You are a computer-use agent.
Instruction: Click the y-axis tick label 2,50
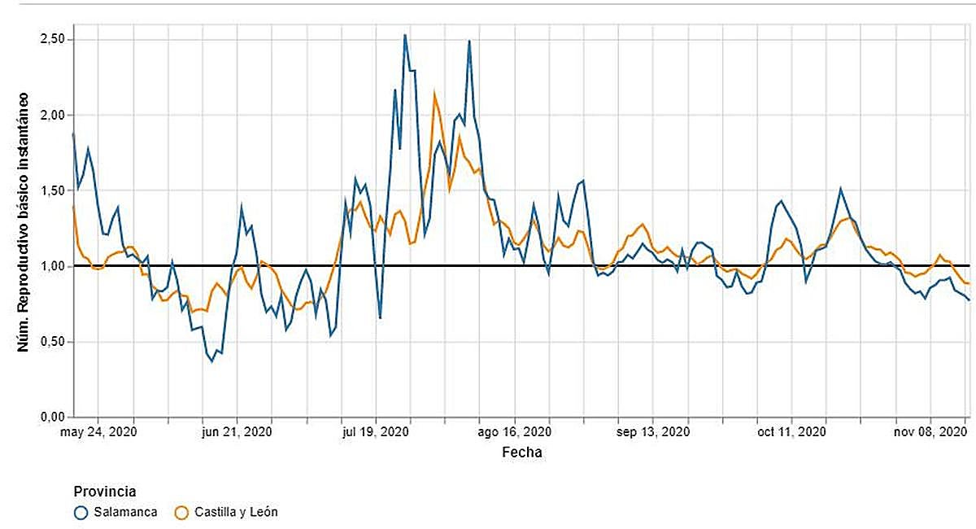coord(53,40)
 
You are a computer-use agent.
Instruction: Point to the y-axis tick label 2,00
coord(53,115)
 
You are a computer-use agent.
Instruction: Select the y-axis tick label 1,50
coord(53,190)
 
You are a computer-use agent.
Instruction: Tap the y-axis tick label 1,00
coord(53,266)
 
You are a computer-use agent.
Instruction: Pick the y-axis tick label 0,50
coord(53,342)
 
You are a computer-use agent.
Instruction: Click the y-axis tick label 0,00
coord(53,418)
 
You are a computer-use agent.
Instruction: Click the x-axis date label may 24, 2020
coord(98,432)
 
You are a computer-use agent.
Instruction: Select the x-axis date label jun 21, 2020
coord(236,432)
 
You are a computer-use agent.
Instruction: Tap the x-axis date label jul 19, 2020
coord(376,432)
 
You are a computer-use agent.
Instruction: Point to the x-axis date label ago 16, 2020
coord(516,432)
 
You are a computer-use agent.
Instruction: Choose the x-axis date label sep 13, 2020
coord(655,432)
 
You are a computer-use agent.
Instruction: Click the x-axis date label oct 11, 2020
coord(792,432)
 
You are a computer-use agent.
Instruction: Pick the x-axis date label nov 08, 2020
coord(930,432)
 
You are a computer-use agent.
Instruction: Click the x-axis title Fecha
coord(521,452)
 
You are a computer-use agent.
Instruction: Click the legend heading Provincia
coord(104,492)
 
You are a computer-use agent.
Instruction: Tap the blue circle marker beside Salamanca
coord(81,513)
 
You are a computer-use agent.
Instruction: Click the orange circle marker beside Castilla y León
coord(181,513)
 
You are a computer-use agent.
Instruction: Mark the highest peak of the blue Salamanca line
coord(405,35)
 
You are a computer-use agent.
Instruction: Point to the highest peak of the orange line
coord(434,92)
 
